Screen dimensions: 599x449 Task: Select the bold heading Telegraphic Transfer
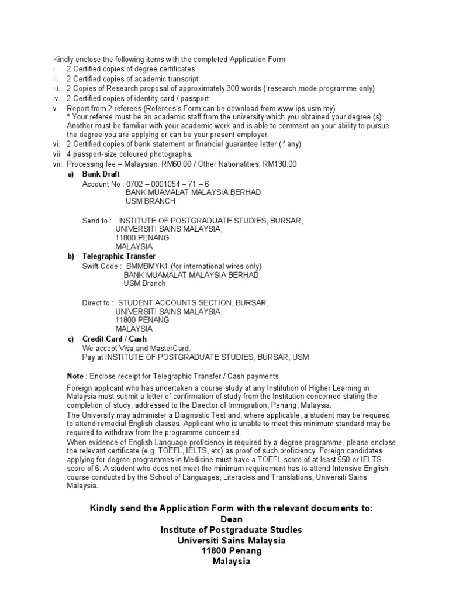point(119,256)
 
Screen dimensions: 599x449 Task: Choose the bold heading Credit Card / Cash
point(115,339)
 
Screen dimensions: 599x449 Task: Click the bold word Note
point(75,376)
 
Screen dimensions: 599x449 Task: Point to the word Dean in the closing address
point(231,519)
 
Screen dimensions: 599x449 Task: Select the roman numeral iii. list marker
point(57,88)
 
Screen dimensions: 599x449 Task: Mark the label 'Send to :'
point(96,221)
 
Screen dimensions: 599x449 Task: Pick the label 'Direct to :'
point(98,302)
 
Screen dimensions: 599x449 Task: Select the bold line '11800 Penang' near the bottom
point(232,550)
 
